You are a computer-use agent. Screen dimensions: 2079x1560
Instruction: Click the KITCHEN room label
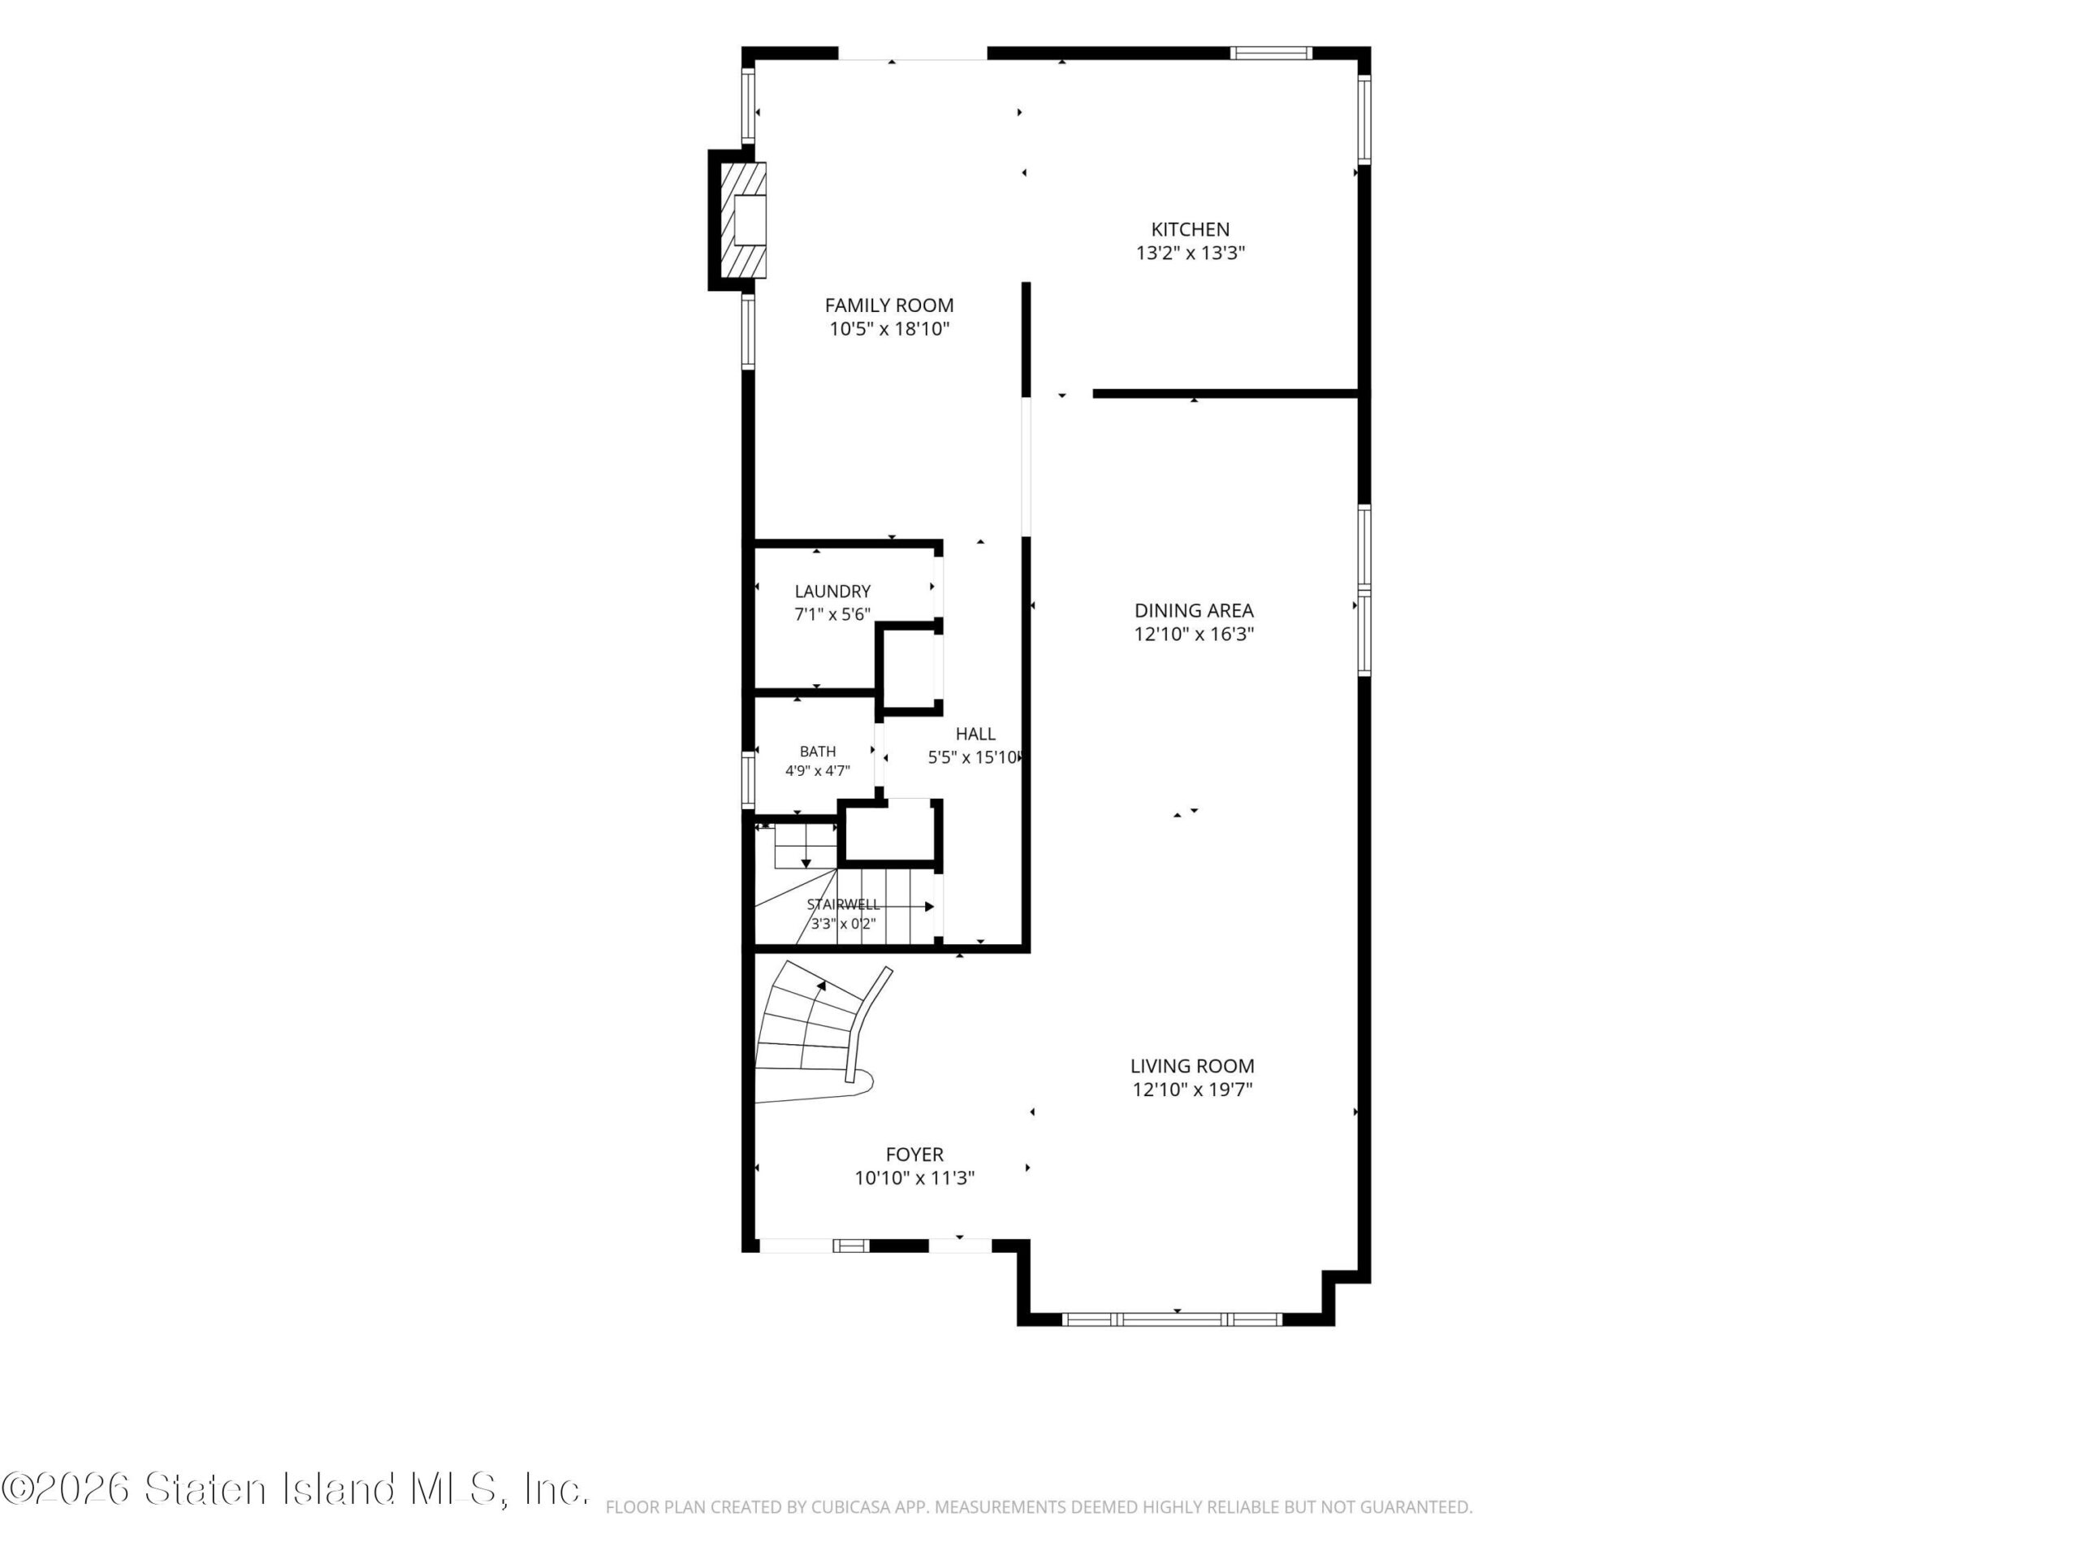click(x=1190, y=229)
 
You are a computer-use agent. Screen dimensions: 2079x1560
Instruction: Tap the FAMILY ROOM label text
click(x=889, y=305)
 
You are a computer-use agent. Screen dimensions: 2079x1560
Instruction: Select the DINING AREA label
click(x=1194, y=611)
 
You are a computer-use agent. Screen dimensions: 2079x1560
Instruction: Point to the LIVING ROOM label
click(x=1191, y=1066)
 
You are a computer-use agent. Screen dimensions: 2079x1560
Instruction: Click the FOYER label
click(x=914, y=1155)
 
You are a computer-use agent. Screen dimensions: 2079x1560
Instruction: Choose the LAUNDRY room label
click(x=832, y=591)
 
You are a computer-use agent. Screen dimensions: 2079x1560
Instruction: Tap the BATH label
click(x=818, y=752)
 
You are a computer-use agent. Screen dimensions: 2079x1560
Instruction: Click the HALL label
click(x=975, y=734)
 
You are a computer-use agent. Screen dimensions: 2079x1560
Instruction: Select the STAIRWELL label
click(x=843, y=904)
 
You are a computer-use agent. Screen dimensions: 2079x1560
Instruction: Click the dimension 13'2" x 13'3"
click(x=1190, y=253)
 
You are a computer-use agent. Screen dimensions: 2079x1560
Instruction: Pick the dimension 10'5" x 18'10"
click(x=889, y=329)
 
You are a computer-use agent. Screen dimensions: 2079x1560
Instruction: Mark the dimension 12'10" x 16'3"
click(x=1194, y=635)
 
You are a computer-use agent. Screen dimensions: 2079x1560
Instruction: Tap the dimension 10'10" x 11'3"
click(x=914, y=1178)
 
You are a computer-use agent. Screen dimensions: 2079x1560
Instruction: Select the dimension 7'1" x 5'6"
click(x=832, y=615)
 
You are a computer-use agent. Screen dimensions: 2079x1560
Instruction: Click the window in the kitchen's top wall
click(x=1271, y=53)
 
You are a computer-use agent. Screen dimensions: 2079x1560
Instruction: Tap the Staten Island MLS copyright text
click(x=294, y=1488)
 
